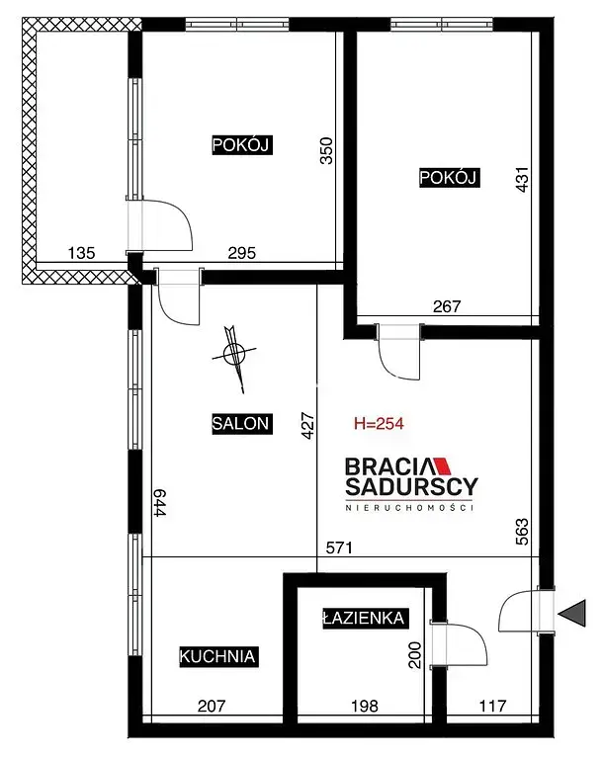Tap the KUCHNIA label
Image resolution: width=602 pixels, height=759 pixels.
coord(218,656)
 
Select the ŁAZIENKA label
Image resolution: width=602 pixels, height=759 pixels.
coord(365,618)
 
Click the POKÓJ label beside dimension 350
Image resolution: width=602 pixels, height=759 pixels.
coord(242,144)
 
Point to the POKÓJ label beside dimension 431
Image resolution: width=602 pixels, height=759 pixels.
coord(449,178)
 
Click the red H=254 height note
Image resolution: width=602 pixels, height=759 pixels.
coord(379,424)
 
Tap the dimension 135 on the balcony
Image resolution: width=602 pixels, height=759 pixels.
coord(81,253)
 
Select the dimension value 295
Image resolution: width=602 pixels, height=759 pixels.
coord(241,253)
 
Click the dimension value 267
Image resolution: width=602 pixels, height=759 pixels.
coord(447,306)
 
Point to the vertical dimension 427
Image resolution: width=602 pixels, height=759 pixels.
coord(308,426)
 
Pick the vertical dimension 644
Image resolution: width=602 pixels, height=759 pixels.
coord(160,503)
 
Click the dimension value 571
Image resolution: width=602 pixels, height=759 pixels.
coord(339,548)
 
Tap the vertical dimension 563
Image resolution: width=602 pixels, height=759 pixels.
coord(522,532)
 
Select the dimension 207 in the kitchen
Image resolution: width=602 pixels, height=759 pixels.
coord(212,707)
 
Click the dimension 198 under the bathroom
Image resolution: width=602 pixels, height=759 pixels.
coord(364,707)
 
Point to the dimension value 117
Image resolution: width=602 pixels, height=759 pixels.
coord(492,706)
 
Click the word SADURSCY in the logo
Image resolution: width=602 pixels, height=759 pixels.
coord(411,487)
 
